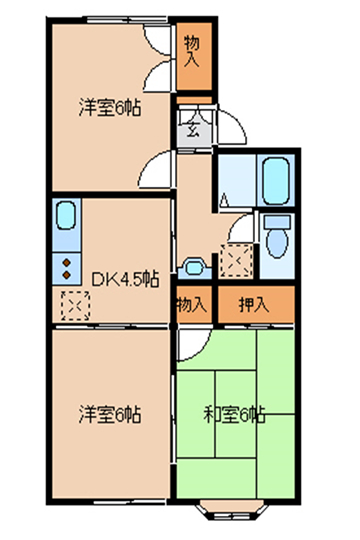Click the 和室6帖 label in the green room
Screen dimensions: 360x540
point(234,414)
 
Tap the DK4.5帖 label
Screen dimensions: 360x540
point(125,279)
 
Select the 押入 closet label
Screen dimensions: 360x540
point(254,304)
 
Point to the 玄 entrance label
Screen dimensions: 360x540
point(194,129)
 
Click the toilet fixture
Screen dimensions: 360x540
point(277,237)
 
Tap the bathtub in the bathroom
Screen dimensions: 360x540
point(276,181)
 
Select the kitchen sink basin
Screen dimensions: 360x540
point(66,216)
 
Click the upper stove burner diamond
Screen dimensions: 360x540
point(66,263)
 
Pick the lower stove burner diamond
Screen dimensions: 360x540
point(66,275)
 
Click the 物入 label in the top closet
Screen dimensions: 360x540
point(192,51)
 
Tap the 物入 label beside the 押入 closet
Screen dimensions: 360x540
point(192,304)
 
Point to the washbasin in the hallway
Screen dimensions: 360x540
point(194,268)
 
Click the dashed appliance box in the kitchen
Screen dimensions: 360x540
point(75,305)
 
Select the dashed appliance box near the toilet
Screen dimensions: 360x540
point(236,260)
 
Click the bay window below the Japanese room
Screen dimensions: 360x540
point(233,509)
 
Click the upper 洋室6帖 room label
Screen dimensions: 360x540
point(110,107)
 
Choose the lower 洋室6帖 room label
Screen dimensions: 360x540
point(110,414)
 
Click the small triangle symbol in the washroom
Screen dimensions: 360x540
point(224,200)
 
